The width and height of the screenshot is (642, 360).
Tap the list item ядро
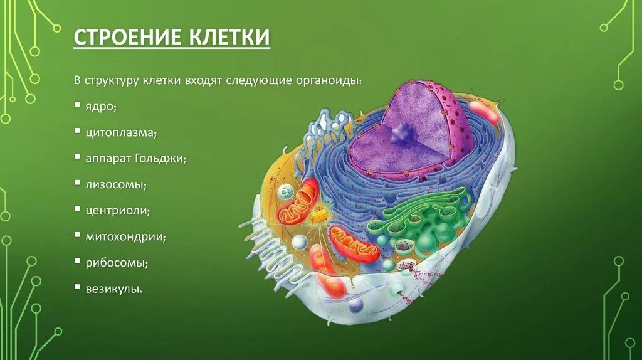click(102, 107)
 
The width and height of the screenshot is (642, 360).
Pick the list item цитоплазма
click(121, 133)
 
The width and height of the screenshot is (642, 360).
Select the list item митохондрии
click(125, 237)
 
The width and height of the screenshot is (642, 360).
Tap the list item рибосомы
click(117, 263)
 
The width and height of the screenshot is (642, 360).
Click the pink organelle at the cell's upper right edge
click(483, 112)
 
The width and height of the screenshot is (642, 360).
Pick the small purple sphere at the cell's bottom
click(356, 305)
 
